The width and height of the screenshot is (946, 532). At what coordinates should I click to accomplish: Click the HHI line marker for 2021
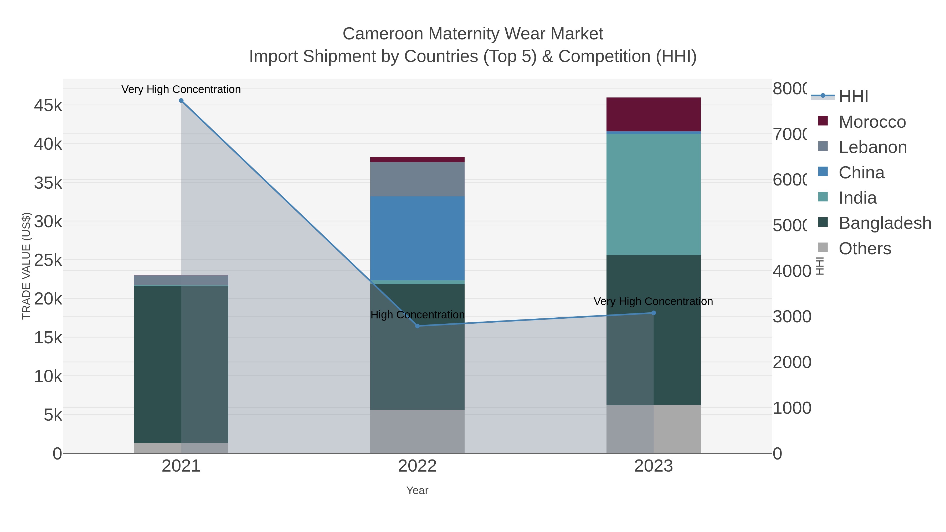181,101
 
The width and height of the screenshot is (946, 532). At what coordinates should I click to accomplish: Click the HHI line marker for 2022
417,326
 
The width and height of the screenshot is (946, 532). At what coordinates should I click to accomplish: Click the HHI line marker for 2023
653,313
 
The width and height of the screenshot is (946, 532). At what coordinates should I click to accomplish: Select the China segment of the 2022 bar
417,238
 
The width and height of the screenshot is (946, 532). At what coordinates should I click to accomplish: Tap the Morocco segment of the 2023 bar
653,114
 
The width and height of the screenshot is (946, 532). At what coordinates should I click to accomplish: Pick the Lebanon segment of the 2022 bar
417,179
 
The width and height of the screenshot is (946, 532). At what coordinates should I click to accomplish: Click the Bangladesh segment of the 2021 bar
158,364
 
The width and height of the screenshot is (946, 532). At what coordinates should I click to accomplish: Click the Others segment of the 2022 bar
417,431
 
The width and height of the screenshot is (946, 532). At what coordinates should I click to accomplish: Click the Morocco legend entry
872,122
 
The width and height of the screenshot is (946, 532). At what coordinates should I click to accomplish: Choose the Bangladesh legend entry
884,223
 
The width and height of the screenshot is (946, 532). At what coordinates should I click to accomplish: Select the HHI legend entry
853,97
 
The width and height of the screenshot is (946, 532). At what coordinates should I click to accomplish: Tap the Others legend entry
865,249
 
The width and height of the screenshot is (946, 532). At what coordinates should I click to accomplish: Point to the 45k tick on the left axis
48,106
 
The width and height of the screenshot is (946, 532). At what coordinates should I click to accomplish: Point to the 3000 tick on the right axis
792,317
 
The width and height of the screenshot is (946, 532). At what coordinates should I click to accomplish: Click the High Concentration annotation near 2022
417,315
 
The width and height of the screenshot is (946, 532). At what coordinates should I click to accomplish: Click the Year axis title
417,490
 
